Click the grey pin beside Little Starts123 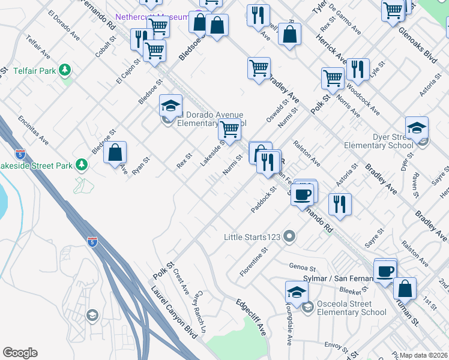[x=289, y=236]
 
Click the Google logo [x=20, y=353]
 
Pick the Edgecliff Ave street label [x=252, y=316]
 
